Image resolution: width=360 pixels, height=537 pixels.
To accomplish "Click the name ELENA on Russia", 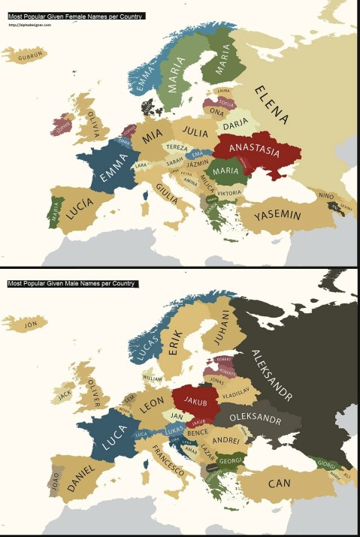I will [x=272, y=104].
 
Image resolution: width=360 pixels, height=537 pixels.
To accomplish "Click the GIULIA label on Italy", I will [x=167, y=194].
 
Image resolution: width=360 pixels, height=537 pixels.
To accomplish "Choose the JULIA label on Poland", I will [x=195, y=132].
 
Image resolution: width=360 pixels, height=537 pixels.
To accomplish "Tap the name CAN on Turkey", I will [x=279, y=483].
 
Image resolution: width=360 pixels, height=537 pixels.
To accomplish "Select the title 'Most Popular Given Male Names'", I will [x=72, y=284].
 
